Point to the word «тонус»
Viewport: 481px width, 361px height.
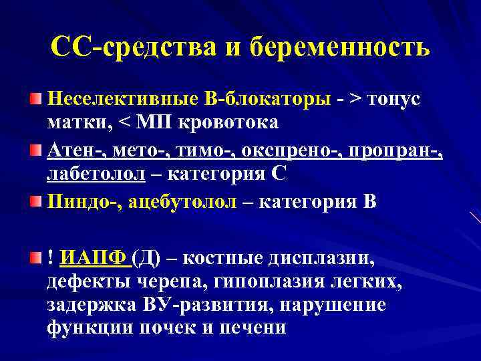coord(397,99)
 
